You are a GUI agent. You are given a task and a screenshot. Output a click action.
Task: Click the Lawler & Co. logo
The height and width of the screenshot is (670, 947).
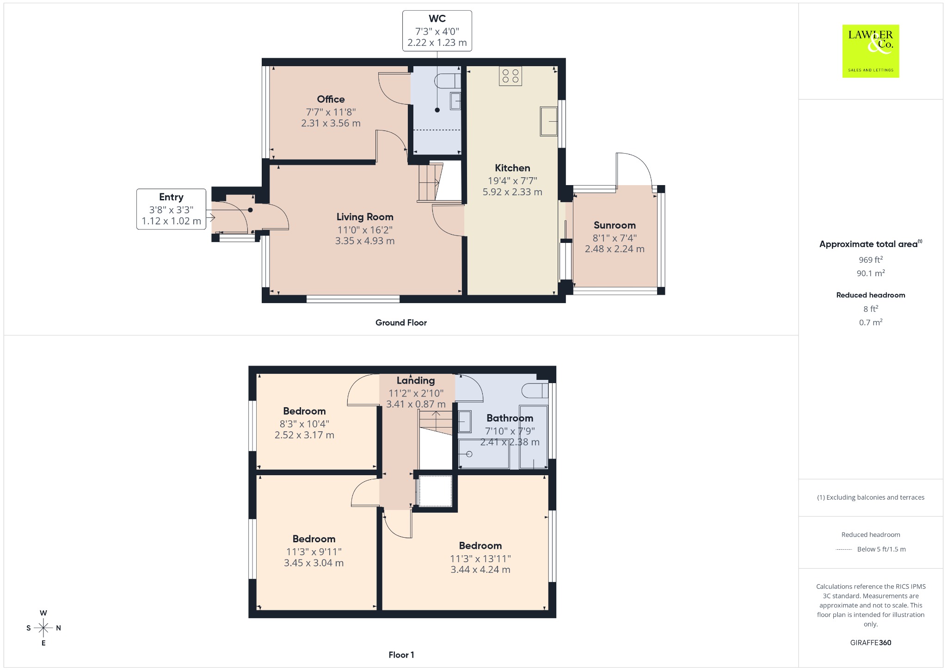pyautogui.click(x=871, y=51)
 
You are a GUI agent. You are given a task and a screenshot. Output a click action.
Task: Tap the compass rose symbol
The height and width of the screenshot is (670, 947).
pyautogui.click(x=43, y=628)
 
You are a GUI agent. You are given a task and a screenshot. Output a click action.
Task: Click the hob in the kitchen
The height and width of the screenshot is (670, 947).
pyautogui.click(x=510, y=76)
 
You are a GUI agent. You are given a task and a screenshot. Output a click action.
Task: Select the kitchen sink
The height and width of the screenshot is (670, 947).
pyautogui.click(x=549, y=121)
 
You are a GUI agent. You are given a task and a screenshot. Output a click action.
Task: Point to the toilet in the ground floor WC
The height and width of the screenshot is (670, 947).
pyautogui.click(x=448, y=81)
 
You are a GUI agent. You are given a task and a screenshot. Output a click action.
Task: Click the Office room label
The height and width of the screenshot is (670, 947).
pyautogui.click(x=331, y=99)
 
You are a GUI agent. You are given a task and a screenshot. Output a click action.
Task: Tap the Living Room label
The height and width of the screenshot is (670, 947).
pyautogui.click(x=365, y=217)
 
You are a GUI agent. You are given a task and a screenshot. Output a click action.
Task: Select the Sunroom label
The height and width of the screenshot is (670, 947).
pyautogui.click(x=615, y=225)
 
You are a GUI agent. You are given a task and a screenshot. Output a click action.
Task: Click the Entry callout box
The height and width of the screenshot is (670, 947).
pyautogui.click(x=171, y=209)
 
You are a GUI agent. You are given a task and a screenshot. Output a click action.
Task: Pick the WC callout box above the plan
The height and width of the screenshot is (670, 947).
pyautogui.click(x=437, y=31)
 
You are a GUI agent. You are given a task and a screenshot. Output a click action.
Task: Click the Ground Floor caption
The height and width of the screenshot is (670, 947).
pyautogui.click(x=401, y=323)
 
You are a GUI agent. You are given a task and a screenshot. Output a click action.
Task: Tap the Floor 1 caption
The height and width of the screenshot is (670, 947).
pyautogui.click(x=401, y=655)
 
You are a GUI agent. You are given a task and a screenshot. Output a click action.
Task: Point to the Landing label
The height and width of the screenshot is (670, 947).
pyautogui.click(x=416, y=380)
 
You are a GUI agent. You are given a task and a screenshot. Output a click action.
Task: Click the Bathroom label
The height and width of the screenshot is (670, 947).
pyautogui.click(x=510, y=418)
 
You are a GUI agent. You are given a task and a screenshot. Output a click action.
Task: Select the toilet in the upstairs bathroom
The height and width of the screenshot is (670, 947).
pyautogui.click(x=535, y=391)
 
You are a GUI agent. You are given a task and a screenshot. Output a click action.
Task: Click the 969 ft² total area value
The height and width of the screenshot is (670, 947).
pyautogui.click(x=871, y=260)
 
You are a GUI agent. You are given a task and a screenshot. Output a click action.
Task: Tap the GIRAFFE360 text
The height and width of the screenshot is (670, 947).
pyautogui.click(x=871, y=642)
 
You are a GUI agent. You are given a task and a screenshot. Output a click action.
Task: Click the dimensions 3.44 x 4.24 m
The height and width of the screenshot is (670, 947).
pyautogui.click(x=480, y=570)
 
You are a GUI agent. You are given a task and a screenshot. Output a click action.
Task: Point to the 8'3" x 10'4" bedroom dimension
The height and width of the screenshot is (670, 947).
pyautogui.click(x=304, y=424)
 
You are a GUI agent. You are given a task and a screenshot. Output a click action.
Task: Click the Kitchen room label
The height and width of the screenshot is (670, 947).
pyautogui.click(x=512, y=168)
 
